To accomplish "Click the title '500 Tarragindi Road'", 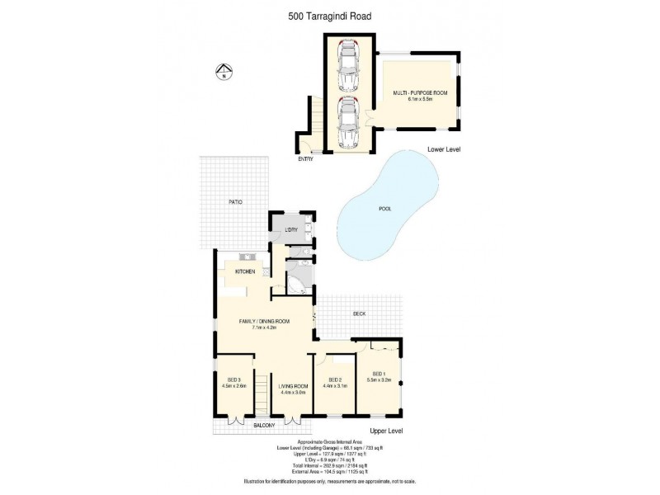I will [328, 13].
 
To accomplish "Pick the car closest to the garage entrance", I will [348, 122].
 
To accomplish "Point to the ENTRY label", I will [305, 158].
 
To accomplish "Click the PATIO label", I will [236, 201].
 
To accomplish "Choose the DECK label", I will [359, 314].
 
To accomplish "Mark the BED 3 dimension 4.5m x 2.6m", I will [233, 386].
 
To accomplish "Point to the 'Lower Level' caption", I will [443, 149].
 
